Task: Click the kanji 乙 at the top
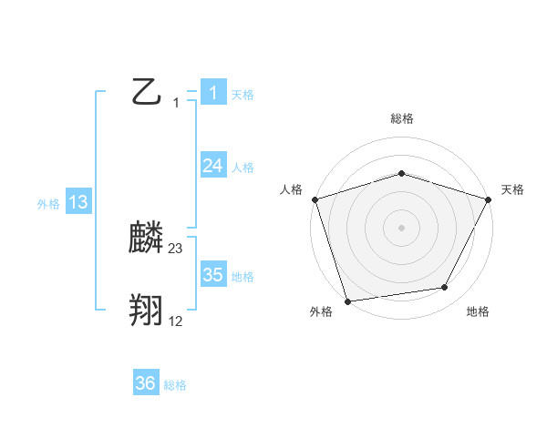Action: tap(147, 92)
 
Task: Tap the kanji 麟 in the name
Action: tap(147, 239)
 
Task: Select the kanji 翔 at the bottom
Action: tap(147, 311)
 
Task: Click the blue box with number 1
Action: tap(213, 93)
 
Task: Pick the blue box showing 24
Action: tap(213, 166)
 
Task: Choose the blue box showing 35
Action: tap(213, 275)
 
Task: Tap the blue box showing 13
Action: tap(78, 202)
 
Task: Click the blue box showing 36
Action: tap(146, 383)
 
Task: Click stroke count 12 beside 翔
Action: tap(176, 321)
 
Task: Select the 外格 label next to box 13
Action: tap(48, 204)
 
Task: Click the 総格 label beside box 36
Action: tap(175, 385)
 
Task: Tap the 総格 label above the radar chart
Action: tap(401, 118)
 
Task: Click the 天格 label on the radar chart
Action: tap(512, 189)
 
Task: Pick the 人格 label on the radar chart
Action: tap(291, 189)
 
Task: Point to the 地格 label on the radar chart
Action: tap(478, 312)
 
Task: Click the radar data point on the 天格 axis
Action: tap(489, 199)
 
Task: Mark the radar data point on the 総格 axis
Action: tap(401, 173)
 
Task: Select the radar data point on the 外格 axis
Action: tap(347, 301)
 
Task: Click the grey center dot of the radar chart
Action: tap(401, 228)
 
